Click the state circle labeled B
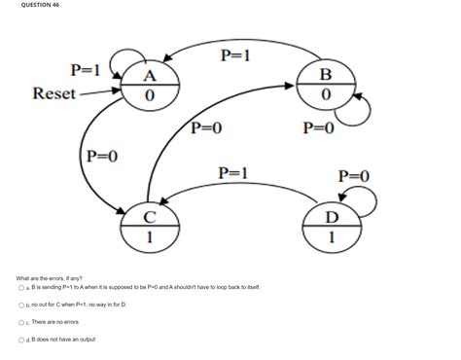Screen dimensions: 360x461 click(x=326, y=85)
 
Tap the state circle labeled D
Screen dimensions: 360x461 click(x=333, y=225)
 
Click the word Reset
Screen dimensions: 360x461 click(x=54, y=93)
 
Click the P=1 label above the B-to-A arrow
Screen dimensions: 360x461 click(x=237, y=55)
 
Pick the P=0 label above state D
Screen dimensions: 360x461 click(x=353, y=175)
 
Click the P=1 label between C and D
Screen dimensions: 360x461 click(x=236, y=172)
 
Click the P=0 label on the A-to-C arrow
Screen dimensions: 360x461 click(x=102, y=156)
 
